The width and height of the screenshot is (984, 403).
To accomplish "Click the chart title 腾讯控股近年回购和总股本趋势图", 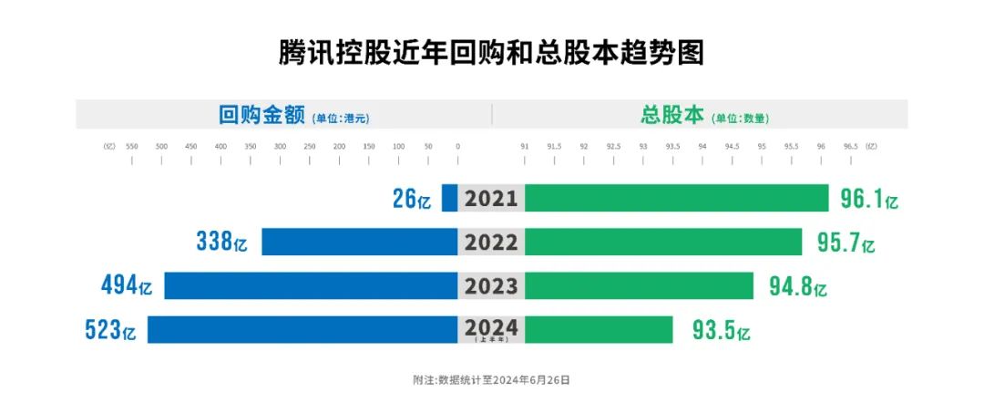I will (491, 52).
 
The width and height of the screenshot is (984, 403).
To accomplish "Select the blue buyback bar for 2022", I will (359, 242).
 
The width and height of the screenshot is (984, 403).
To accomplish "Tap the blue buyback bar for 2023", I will (311, 285).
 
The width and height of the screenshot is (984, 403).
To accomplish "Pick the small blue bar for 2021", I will (449, 198).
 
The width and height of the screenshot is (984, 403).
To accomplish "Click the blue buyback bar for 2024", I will (302, 329).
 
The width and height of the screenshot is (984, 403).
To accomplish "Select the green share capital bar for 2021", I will (676, 198).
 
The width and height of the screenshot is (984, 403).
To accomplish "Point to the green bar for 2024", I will (599, 329).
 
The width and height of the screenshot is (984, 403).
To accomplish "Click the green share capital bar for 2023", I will (639, 285).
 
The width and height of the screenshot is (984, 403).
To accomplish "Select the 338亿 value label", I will (221, 243).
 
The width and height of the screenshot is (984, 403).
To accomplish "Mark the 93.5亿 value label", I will (720, 330).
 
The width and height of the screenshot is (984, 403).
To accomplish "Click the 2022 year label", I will (491, 243).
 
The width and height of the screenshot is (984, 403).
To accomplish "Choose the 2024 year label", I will (491, 327).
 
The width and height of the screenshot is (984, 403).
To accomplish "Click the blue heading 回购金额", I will (260, 115).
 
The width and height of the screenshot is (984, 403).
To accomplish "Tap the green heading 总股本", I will (672, 115).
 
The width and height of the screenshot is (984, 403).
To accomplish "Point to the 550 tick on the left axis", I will (132, 146).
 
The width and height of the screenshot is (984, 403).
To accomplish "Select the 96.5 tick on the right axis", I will (851, 146).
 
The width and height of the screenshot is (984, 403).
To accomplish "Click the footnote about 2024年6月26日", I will (491, 378).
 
